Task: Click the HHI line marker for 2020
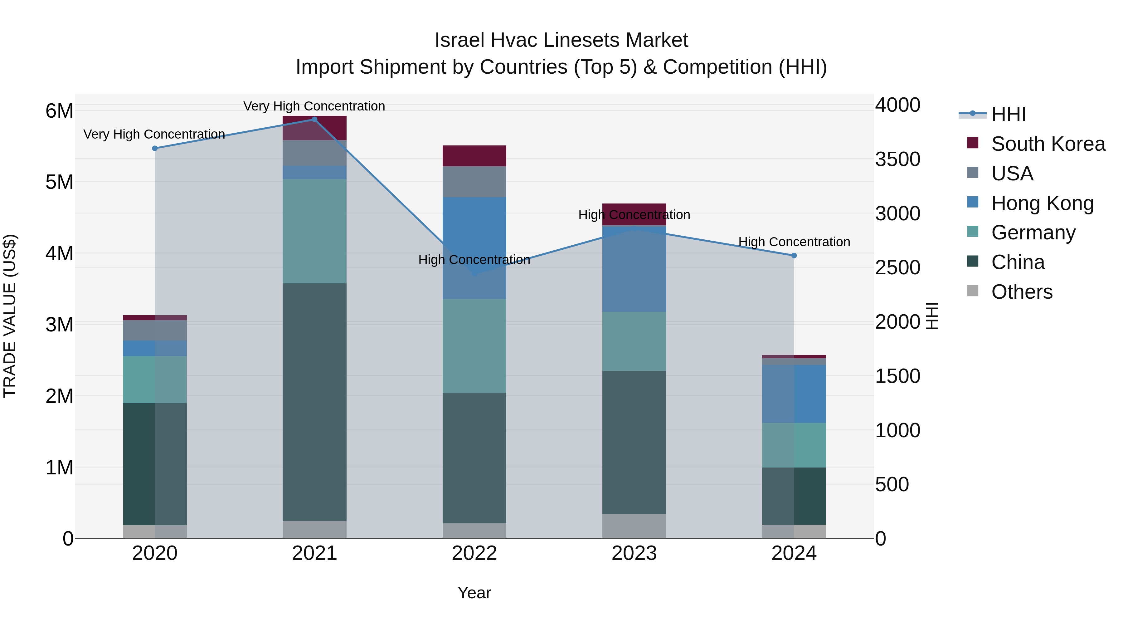click(155, 148)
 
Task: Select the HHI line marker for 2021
click(314, 119)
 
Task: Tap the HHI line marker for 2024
click(794, 256)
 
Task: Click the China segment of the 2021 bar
click(314, 401)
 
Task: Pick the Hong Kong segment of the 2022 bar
click(474, 248)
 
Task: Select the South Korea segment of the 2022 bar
click(474, 156)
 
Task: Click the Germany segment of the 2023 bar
click(634, 341)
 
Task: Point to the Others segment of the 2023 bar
click(634, 526)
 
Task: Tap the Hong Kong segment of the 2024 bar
click(794, 394)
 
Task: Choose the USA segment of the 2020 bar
click(155, 330)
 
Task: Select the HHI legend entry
click(1008, 114)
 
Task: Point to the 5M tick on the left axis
click(59, 182)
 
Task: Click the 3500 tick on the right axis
click(897, 159)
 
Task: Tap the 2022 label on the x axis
click(474, 553)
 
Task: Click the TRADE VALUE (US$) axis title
click(10, 316)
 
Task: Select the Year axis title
click(474, 593)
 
